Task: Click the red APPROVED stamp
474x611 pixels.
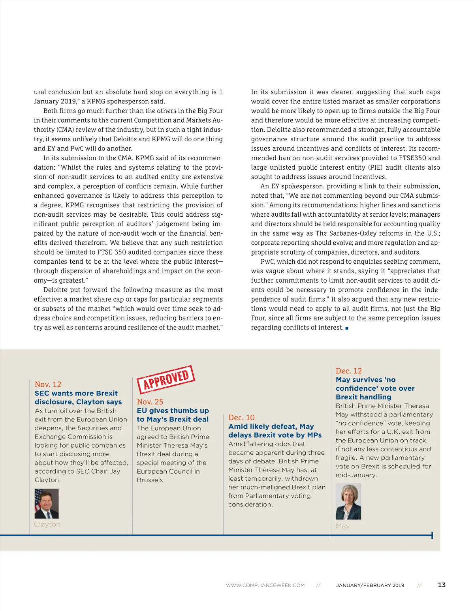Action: tap(166, 379)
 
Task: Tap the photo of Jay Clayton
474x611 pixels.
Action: tap(47, 503)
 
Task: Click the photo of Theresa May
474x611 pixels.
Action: tap(348, 502)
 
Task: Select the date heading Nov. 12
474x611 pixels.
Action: tap(48, 384)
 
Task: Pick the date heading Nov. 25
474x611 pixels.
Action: tap(150, 402)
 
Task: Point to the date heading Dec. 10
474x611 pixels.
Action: tap(241, 418)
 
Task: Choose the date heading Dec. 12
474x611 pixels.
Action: tap(348, 371)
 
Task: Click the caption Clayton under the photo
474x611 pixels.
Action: tap(47, 525)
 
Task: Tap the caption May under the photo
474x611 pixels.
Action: tap(342, 526)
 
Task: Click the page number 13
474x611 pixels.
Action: tap(442, 585)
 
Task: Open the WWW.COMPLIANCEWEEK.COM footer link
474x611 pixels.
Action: tap(265, 585)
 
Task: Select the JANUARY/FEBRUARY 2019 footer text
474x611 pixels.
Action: tap(370, 585)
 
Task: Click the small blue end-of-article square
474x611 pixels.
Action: tap(347, 328)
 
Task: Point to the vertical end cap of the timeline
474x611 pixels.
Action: tap(432, 535)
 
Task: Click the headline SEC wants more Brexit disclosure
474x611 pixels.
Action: tap(78, 397)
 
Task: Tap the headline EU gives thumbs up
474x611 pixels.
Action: tap(173, 415)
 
